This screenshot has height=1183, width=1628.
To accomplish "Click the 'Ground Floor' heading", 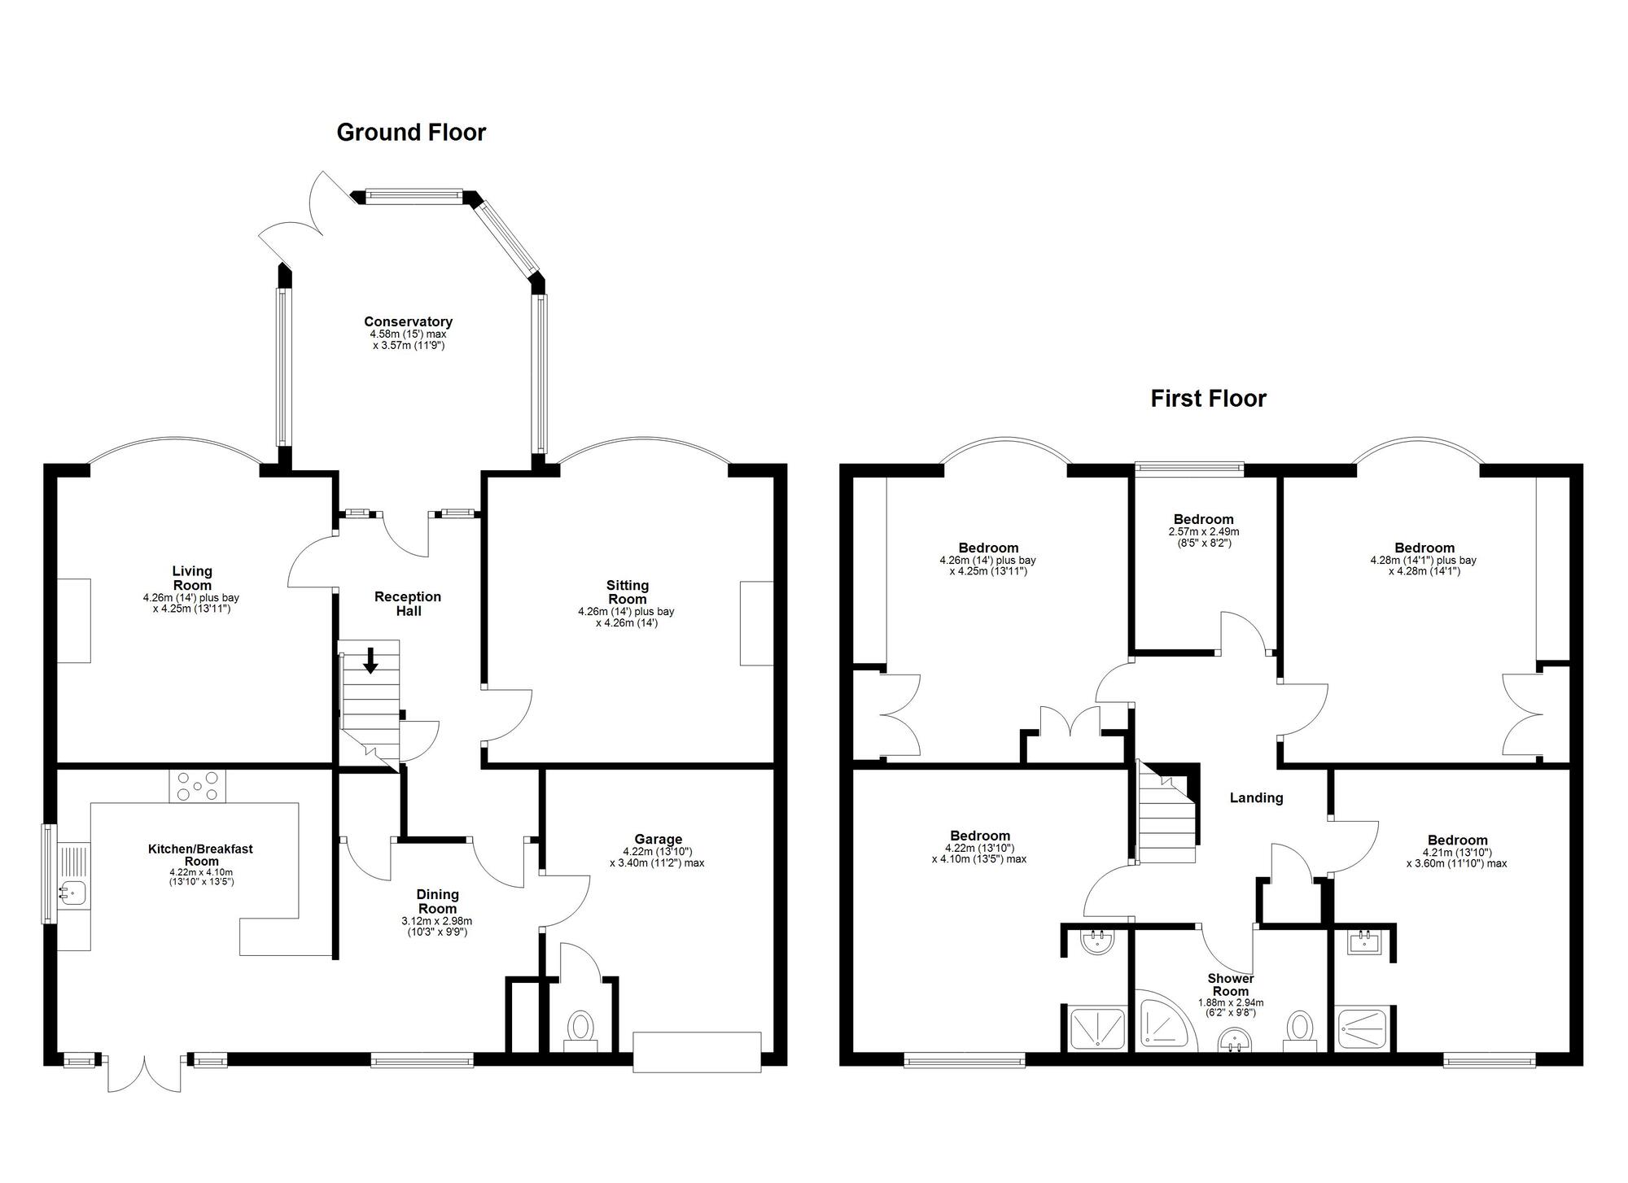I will (x=411, y=133).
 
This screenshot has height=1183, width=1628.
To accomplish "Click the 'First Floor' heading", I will (x=1208, y=399).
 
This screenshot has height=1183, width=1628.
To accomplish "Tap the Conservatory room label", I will (x=408, y=322).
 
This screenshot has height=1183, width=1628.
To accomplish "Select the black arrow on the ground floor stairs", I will (x=370, y=660).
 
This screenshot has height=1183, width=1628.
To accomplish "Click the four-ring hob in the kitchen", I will (x=198, y=786).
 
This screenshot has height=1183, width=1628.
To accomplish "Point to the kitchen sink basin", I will (x=72, y=893).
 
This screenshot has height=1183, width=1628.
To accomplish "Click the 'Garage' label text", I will (x=658, y=840).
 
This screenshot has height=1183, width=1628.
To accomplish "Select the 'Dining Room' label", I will (x=437, y=901).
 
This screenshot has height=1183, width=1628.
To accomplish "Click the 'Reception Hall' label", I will (x=408, y=604).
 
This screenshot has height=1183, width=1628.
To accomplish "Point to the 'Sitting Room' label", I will (x=627, y=591).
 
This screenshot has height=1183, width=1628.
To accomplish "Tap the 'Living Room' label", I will (x=192, y=578).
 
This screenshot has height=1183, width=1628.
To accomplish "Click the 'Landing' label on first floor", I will (x=1256, y=798).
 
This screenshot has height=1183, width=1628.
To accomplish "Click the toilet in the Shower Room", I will (x=1300, y=1027).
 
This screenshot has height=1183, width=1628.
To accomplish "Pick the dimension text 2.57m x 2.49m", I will (x=1203, y=532).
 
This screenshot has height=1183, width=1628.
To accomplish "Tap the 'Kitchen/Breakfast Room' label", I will (x=200, y=855).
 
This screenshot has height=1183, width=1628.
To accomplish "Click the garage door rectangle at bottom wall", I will (x=697, y=1052).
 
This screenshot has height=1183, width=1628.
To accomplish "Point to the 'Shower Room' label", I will (x=1230, y=984).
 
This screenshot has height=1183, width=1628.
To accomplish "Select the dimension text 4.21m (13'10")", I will (x=1456, y=853).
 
